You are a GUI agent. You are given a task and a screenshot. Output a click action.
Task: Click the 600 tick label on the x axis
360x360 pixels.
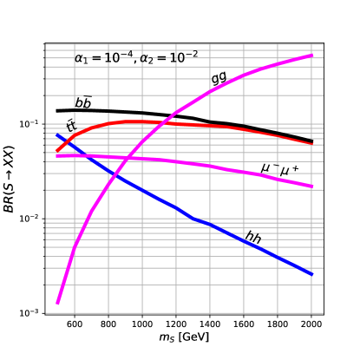75,324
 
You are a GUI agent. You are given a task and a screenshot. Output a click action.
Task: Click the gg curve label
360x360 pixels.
219,79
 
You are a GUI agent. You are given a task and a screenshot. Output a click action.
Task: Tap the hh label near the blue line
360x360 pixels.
253,236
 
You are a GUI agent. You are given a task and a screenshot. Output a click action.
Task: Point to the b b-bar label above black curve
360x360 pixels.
83,102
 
